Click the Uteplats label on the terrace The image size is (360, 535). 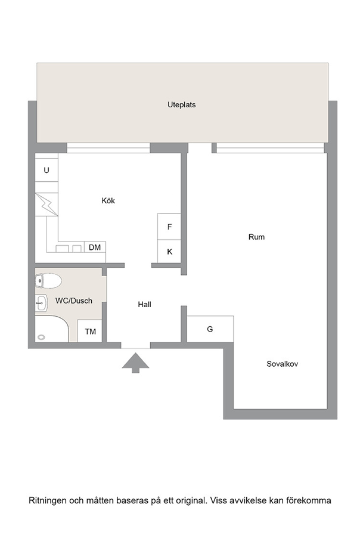point(181,105)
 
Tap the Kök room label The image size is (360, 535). point(108,200)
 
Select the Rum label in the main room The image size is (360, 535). point(256,237)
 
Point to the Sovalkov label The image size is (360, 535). point(283,364)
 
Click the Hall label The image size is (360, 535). point(145,304)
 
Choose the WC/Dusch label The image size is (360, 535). point(74,301)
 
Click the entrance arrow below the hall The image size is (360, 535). point(136,363)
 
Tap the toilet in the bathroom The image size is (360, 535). point(48,281)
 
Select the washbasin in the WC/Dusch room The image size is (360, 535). point(41,302)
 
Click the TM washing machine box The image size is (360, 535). point(90,331)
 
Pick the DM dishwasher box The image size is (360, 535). point(95,247)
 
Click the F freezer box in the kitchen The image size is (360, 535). point(169,227)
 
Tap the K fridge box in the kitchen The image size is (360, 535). point(169,252)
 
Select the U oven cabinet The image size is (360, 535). point(46,169)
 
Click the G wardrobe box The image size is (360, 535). point(210,329)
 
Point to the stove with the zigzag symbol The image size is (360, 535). point(46,205)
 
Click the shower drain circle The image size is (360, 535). point(41,337)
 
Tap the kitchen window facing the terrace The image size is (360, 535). point(108,148)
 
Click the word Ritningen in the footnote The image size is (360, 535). point(48,500)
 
